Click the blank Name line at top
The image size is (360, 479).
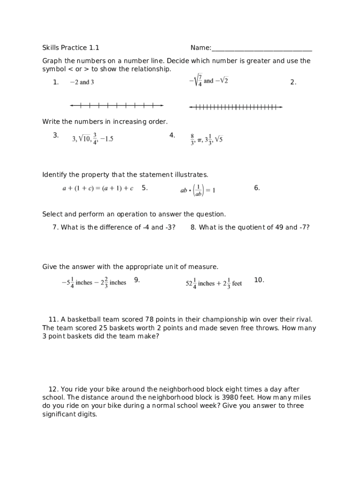point(262,49)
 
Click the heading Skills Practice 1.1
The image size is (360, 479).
point(71,48)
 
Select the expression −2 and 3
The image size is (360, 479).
point(82,82)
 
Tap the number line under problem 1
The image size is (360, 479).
point(116,105)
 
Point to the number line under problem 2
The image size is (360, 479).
point(236,107)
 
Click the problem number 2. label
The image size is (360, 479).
point(293,82)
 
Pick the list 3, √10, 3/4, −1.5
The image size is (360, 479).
point(93,138)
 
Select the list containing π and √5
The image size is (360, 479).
point(207,139)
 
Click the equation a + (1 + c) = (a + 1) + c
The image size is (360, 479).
point(98,189)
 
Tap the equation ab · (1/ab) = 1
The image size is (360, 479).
point(198,190)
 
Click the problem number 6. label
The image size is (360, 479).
point(257,188)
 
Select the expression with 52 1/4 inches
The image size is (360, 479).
point(214,283)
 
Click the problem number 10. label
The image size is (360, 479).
point(259,280)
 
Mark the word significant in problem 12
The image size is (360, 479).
point(60,414)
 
